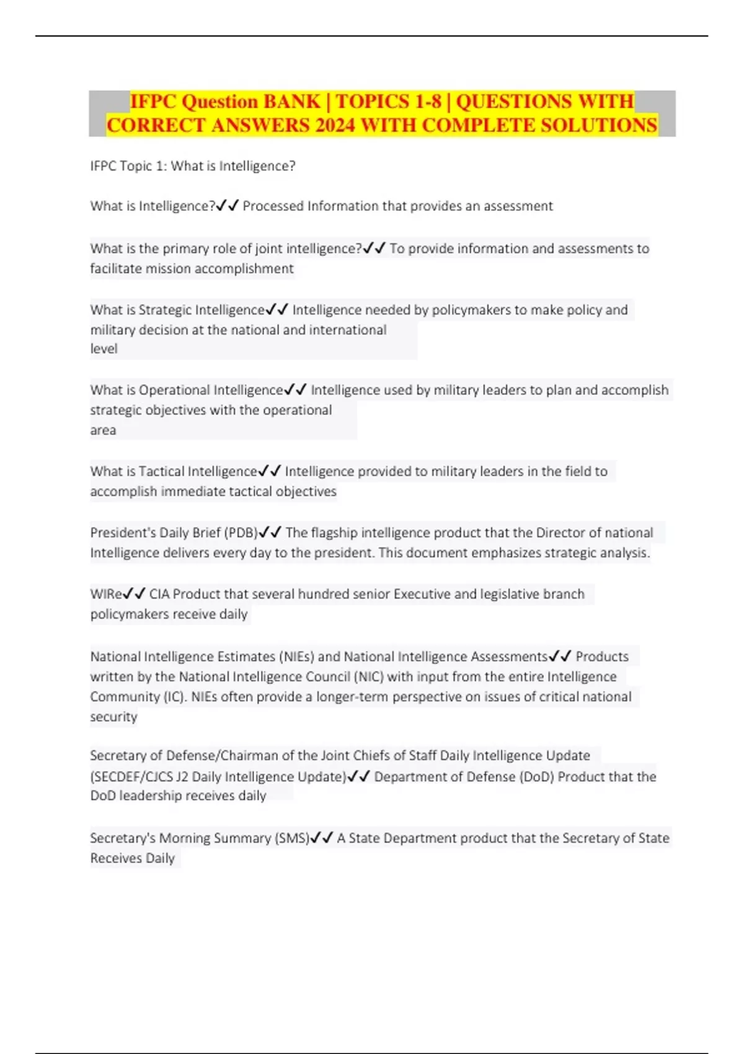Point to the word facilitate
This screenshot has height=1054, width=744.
[x=115, y=268]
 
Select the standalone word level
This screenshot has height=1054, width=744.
[x=104, y=348]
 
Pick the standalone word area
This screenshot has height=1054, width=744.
[x=103, y=430]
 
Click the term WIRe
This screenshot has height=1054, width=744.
[x=106, y=594]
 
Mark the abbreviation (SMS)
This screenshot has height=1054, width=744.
[x=291, y=838]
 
